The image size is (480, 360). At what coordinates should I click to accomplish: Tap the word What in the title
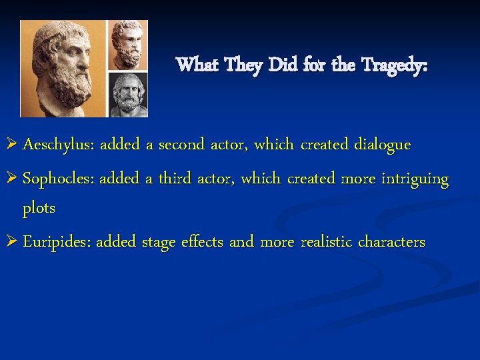(197, 65)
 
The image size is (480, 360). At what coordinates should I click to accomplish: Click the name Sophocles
(59, 179)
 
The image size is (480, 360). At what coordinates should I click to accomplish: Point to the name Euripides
(57, 242)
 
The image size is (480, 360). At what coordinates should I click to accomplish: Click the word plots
(39, 208)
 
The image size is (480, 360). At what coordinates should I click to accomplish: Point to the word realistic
(328, 242)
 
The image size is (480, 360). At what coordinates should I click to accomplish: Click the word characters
(391, 242)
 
